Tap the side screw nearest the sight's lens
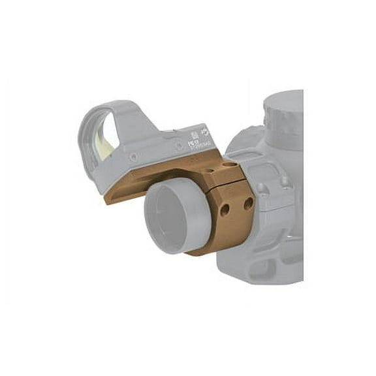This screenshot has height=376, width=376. coord(134,157)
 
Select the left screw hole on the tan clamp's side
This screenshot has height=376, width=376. coord(225,210)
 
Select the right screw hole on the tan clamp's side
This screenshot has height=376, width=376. coord(248,204)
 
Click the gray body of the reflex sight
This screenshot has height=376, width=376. coord(157,140)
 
